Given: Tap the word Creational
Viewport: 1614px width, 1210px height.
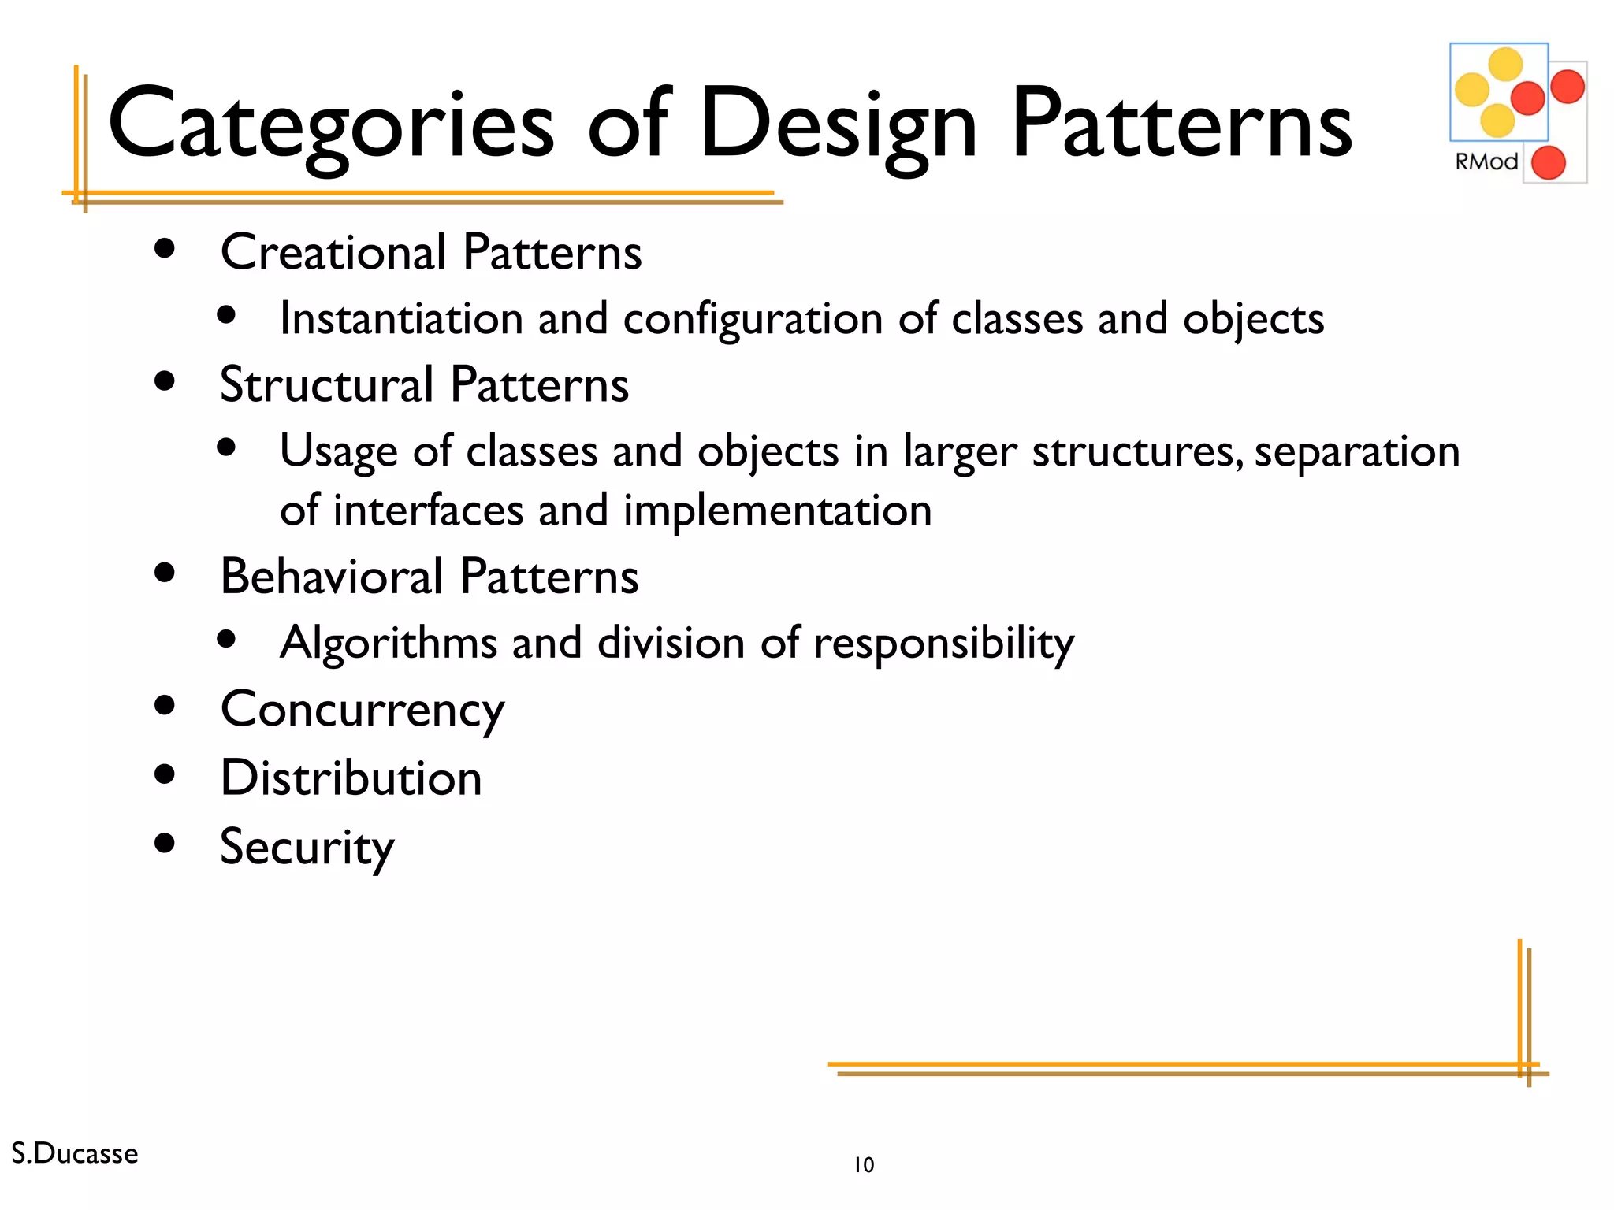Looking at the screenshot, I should (x=333, y=253).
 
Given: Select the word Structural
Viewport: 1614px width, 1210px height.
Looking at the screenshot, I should (x=326, y=385).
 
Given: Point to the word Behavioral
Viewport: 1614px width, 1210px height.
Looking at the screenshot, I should (x=332, y=577).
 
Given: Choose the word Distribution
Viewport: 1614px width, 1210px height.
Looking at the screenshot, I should (x=351, y=778).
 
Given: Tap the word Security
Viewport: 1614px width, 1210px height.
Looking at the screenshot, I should (x=307, y=848).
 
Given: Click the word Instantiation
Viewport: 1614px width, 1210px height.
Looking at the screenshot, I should (x=401, y=319).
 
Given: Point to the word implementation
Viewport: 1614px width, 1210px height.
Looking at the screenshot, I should (x=777, y=510).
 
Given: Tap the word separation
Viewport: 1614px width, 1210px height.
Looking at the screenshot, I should (x=1356, y=452).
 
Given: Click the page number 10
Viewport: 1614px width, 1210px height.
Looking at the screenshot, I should (x=864, y=1165).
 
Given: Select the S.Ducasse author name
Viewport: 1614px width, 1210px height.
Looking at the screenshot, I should (x=75, y=1153).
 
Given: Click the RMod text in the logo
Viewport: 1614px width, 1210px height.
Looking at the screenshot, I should (x=1486, y=161).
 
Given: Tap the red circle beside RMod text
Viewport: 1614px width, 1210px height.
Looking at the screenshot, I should (x=1548, y=163).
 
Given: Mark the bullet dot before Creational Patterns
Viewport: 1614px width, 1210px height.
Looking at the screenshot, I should (x=165, y=250).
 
